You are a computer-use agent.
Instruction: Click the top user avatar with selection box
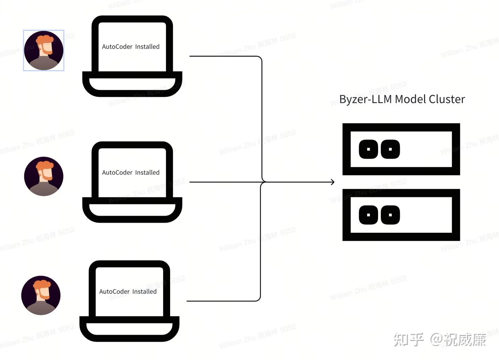click(x=44, y=51)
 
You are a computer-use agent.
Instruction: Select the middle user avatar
click(x=44, y=176)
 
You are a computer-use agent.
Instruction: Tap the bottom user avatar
click(x=41, y=295)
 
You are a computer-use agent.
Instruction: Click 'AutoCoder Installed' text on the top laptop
click(x=131, y=47)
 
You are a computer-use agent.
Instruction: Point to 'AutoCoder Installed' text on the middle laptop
click(x=131, y=173)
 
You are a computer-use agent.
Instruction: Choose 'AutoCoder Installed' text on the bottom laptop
click(x=128, y=292)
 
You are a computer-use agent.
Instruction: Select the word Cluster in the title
click(x=447, y=100)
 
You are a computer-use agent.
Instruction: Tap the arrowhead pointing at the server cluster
click(x=333, y=182)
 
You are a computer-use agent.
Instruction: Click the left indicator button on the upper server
click(x=368, y=149)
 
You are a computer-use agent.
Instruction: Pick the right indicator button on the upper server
click(x=390, y=149)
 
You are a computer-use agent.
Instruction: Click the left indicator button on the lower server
click(x=368, y=215)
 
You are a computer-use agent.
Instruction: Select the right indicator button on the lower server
click(x=390, y=215)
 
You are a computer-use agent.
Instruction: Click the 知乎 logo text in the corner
click(x=409, y=340)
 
